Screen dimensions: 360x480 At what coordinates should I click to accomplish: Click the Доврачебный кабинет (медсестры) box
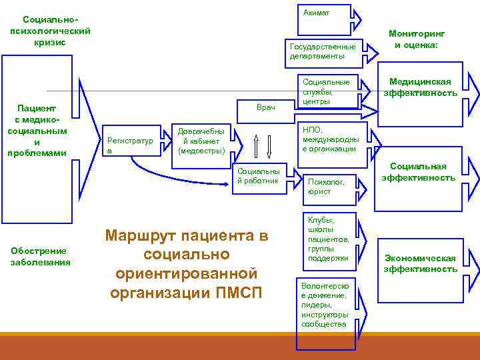201,141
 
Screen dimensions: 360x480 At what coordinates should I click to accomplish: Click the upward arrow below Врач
255,145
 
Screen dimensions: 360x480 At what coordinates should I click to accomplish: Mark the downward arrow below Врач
268,145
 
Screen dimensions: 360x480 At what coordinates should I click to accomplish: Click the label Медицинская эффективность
420,87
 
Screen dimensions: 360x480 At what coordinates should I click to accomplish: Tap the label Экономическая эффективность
420,263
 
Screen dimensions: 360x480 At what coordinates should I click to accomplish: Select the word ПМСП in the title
241,293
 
